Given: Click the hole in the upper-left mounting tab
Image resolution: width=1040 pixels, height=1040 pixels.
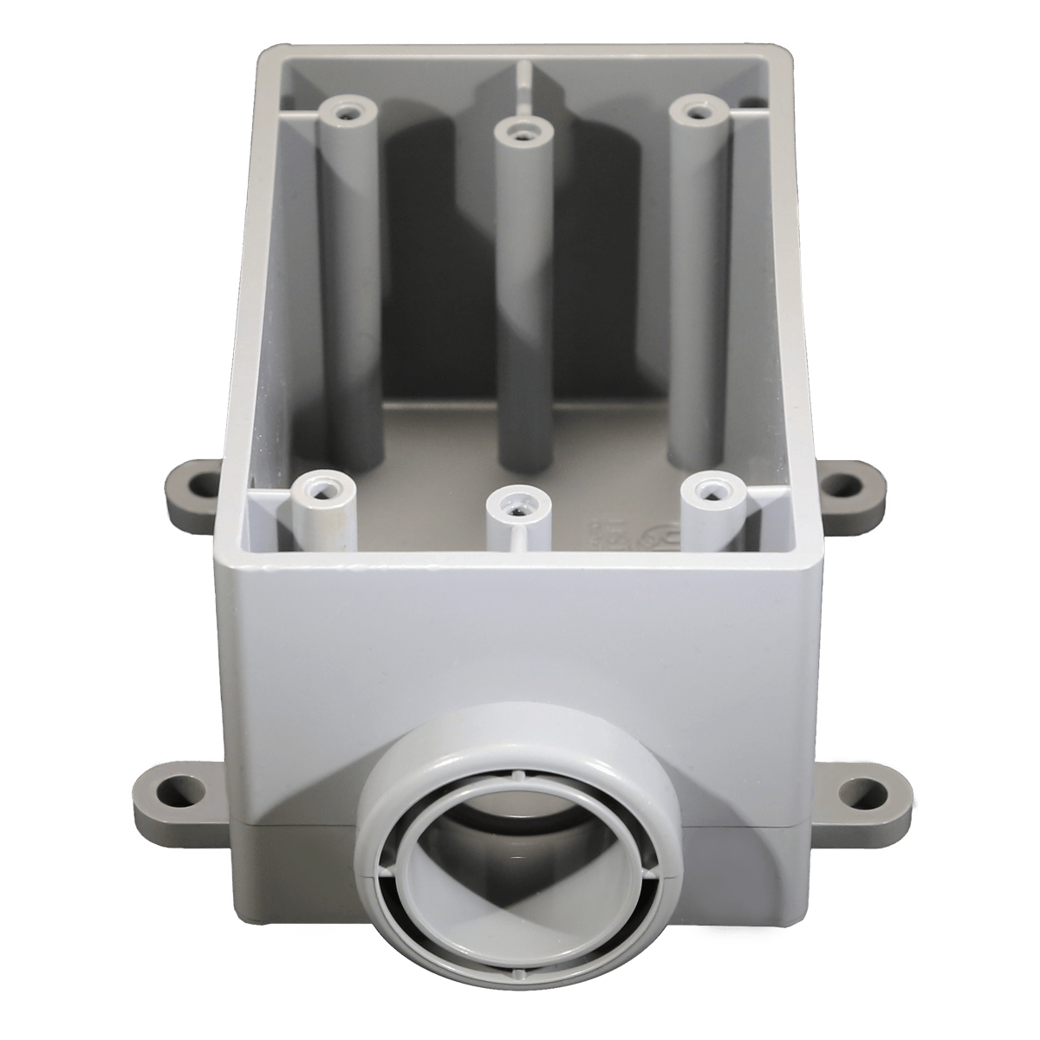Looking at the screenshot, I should click(x=203, y=479).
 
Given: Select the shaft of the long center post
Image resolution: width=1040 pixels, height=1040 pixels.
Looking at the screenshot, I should click(x=518, y=303).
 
